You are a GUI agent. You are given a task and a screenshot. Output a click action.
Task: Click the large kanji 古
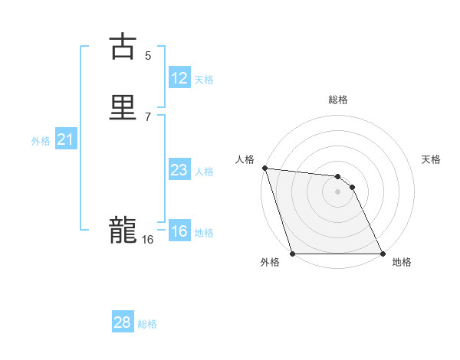pos(123,47)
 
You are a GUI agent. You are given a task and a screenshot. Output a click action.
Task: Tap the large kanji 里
pos(123,107)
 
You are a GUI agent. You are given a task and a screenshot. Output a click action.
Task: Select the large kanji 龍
pos(123,230)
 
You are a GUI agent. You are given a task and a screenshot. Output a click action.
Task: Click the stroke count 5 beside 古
pos(148,55)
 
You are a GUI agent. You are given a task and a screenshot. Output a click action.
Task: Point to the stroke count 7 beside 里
pos(148,116)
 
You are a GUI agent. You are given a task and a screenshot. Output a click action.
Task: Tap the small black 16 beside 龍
pos(147,240)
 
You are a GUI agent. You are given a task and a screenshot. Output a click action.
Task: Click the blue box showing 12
pos(179,78)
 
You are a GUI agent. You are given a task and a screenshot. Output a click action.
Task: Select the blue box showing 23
pos(179,170)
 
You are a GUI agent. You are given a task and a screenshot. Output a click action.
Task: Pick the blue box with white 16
pos(179,231)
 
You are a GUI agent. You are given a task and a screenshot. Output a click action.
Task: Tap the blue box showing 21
pos(65,139)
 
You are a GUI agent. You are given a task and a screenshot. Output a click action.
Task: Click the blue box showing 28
pos(123,322)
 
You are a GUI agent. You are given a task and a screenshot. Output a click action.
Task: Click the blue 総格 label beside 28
pos(147,324)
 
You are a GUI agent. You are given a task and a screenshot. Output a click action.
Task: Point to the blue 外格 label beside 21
pos(41,141)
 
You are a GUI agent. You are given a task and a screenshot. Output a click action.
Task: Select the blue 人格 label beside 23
pos(204,172)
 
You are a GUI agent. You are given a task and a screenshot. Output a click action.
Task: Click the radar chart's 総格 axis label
pos(338,100)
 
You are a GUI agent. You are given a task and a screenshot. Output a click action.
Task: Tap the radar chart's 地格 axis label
pos(402,263)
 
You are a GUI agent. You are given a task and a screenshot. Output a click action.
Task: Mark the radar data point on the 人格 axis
pos(264,168)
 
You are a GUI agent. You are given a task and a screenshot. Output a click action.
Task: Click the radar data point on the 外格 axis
pos(293,254)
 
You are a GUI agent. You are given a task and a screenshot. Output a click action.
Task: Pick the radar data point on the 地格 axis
pos(383,254)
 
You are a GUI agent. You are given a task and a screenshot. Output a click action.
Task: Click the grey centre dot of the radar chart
pos(338,191)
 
